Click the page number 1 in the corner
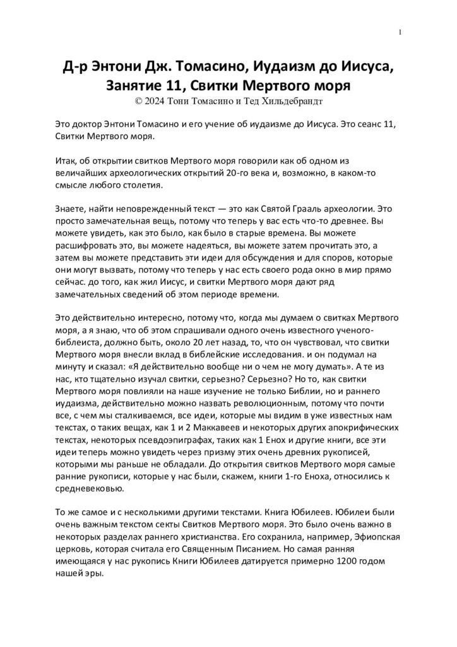[401, 32]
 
